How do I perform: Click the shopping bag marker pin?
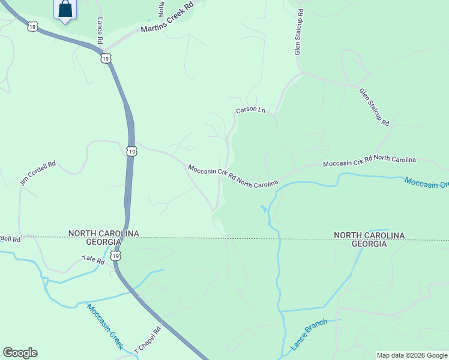tap(65, 10)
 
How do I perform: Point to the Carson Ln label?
tap(250, 110)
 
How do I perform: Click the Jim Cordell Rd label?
tap(38, 173)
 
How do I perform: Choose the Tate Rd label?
tap(93, 261)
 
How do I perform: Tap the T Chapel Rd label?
tap(148, 339)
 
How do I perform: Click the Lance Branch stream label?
tap(309, 335)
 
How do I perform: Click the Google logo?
tap(20, 353)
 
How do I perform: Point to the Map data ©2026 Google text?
tap(412, 355)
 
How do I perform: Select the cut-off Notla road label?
tap(161, 8)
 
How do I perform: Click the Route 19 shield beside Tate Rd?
tap(116, 256)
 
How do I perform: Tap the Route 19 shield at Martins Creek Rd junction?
tap(106, 58)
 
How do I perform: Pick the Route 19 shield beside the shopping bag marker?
tap(32, 26)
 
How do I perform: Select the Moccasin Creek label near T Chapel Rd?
tap(104, 326)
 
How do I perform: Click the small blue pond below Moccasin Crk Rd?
tap(264, 209)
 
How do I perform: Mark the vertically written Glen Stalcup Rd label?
tap(298, 32)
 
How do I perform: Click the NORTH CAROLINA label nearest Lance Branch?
tap(369, 235)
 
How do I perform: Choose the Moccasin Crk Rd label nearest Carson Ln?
tap(233, 176)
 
